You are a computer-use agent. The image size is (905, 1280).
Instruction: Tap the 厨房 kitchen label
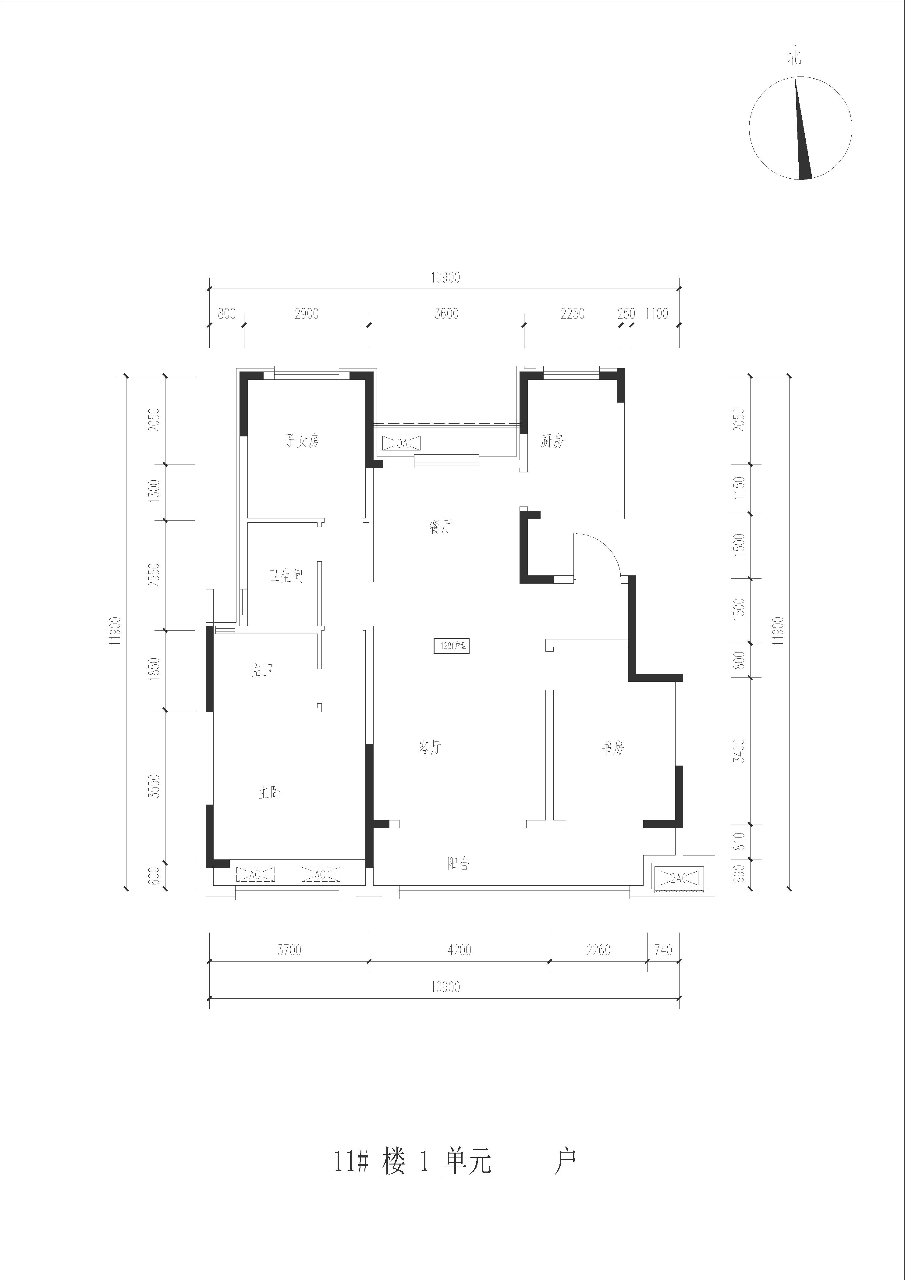click(x=552, y=441)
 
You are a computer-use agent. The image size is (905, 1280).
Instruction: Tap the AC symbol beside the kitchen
click(x=401, y=443)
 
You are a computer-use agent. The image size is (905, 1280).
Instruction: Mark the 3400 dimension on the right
click(x=739, y=750)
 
